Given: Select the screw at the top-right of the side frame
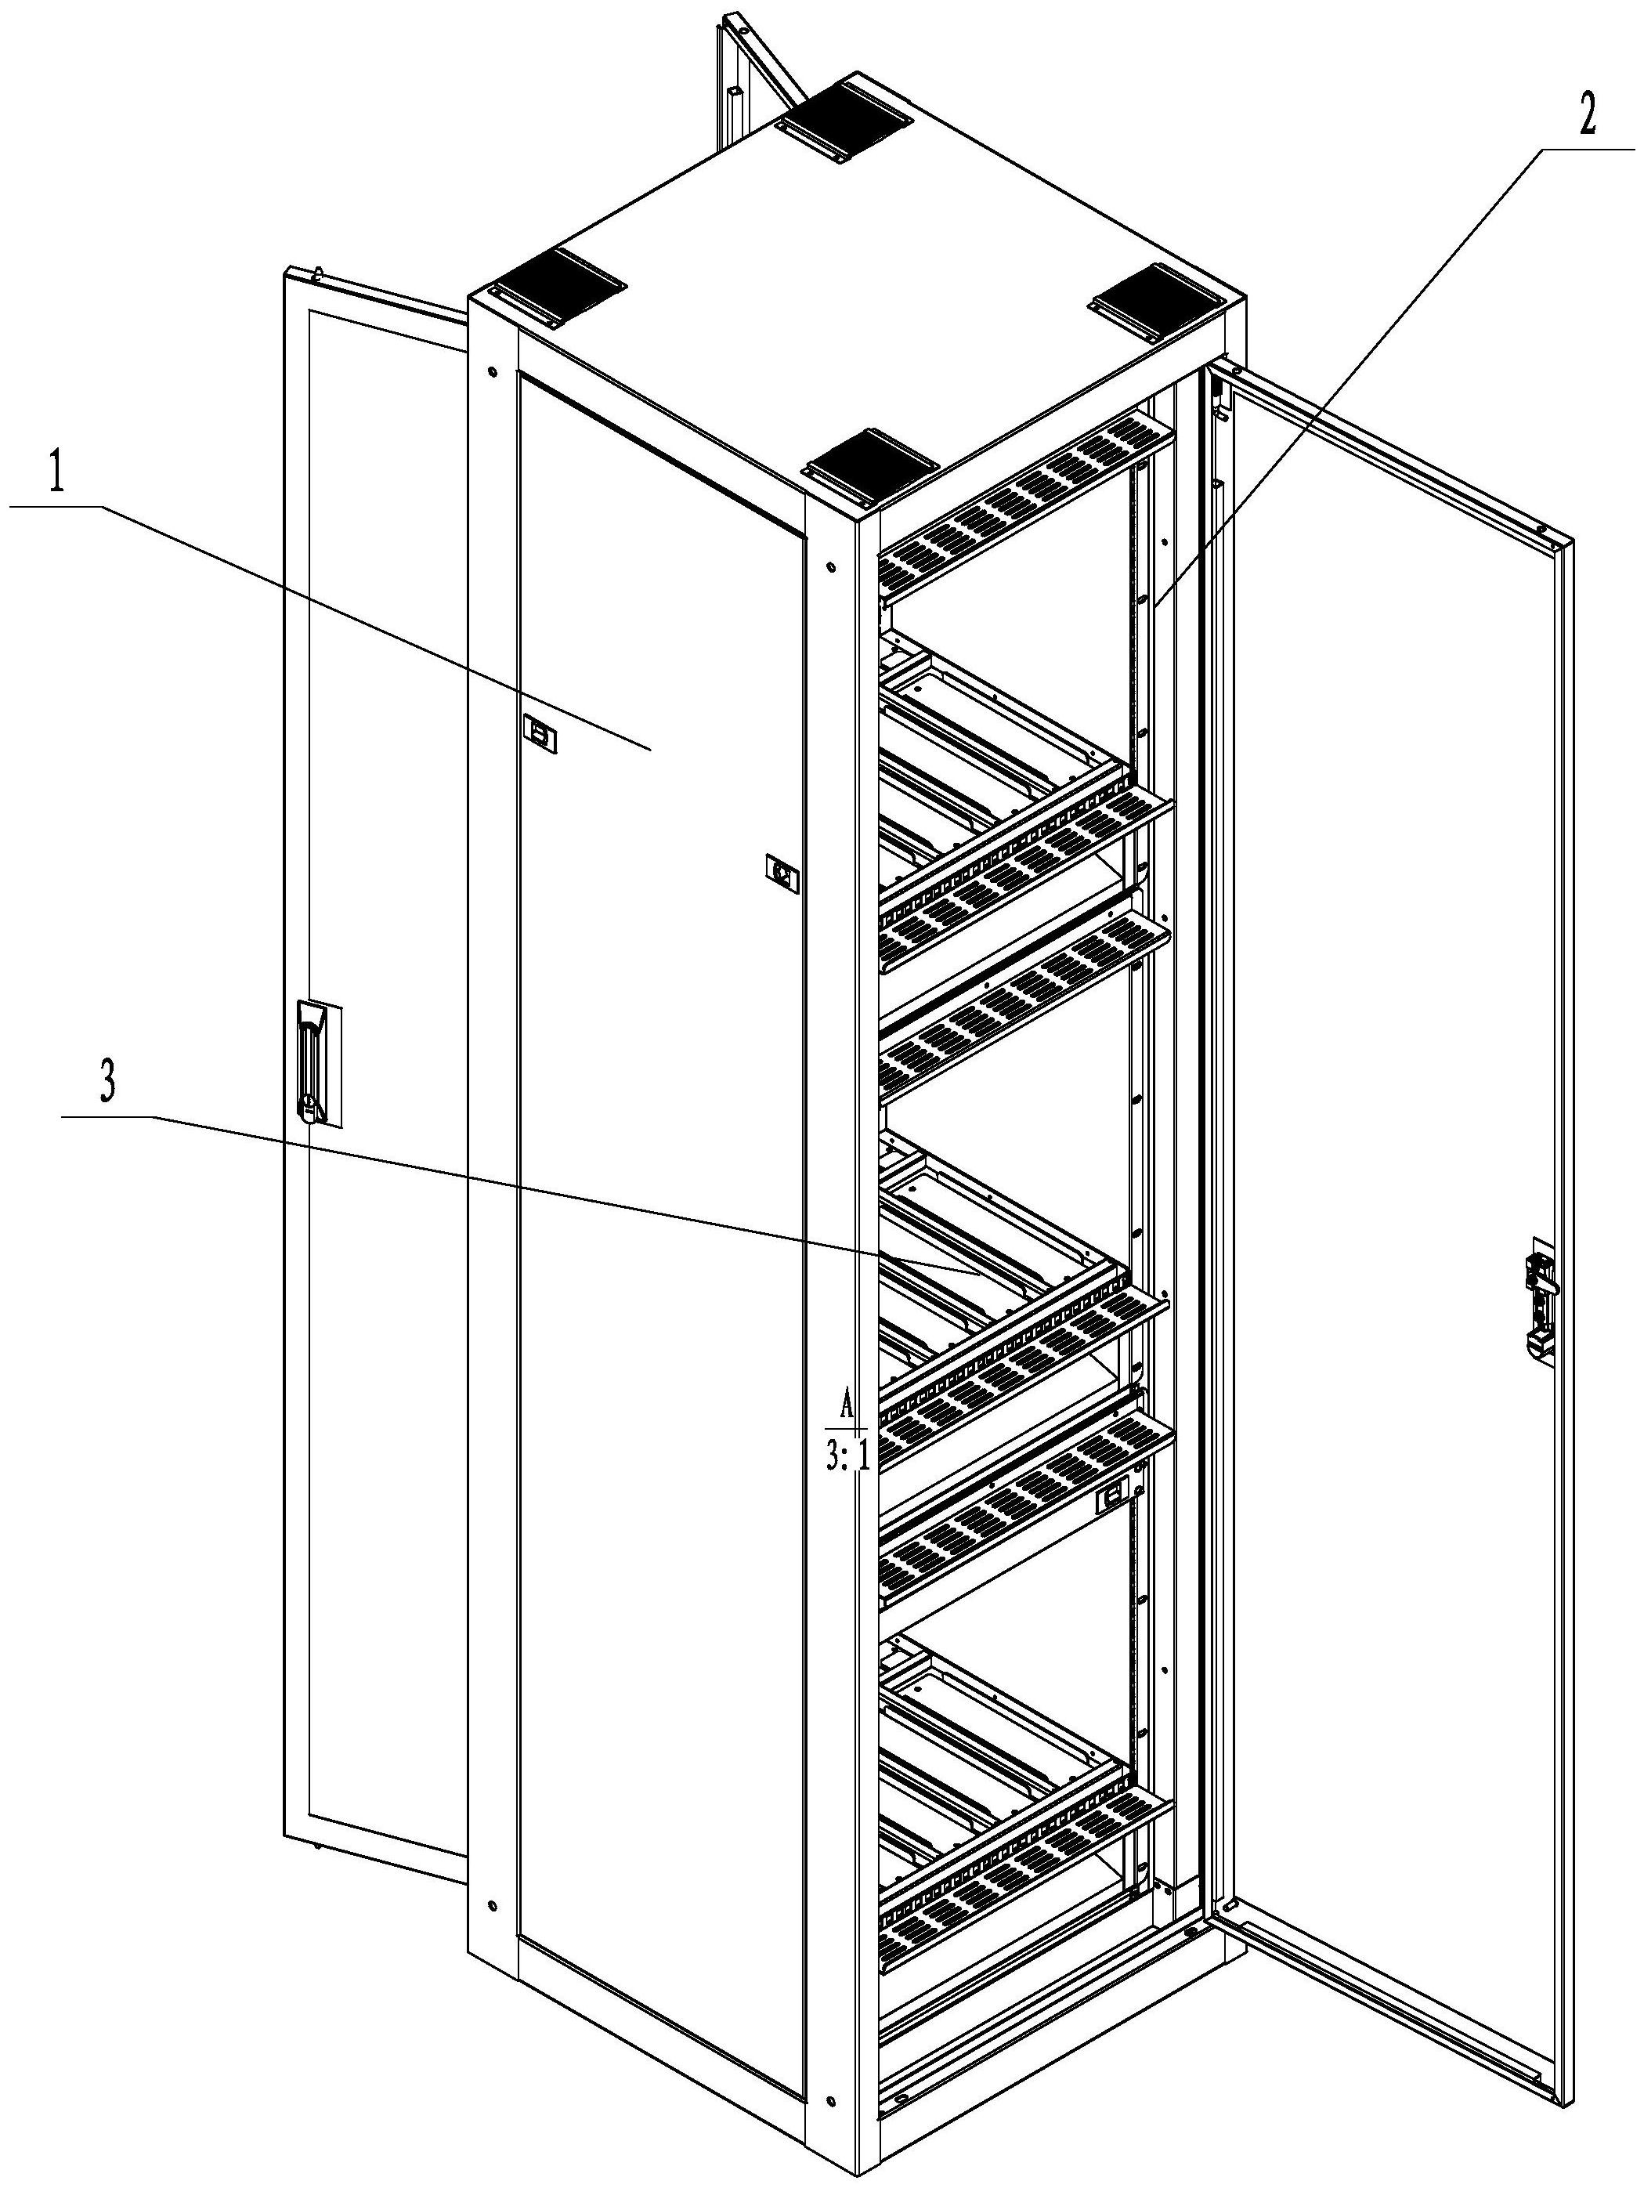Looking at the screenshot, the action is [829, 567].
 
